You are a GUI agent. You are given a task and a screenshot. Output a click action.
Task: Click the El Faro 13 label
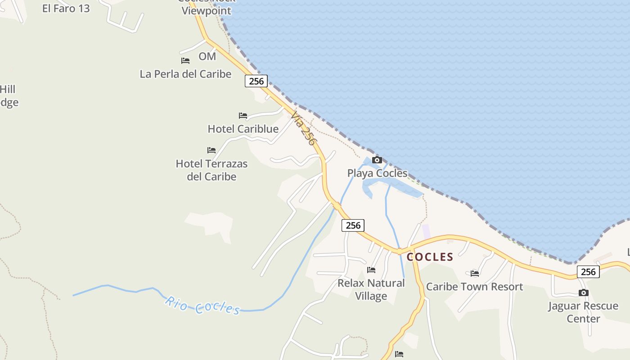(x=66, y=8)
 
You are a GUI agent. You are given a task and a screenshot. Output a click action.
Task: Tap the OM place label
(x=207, y=56)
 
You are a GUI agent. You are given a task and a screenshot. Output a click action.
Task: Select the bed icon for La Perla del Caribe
(x=185, y=60)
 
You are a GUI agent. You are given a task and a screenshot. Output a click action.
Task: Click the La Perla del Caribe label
(x=185, y=74)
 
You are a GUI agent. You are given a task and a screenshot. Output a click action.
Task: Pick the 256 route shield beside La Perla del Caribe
(x=256, y=81)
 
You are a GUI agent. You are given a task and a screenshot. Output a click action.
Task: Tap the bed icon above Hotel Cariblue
(x=243, y=116)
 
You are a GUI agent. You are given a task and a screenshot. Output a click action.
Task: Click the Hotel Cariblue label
(x=243, y=129)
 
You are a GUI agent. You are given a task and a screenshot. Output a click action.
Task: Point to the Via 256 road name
(x=303, y=129)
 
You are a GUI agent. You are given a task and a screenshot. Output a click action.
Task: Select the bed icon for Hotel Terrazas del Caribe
(x=211, y=150)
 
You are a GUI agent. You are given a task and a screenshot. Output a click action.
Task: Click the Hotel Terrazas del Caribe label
(x=211, y=170)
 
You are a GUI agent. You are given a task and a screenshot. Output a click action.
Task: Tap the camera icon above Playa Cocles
(x=377, y=160)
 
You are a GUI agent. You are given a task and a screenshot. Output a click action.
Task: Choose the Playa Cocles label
(x=377, y=173)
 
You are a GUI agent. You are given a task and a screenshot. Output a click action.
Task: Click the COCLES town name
(x=430, y=257)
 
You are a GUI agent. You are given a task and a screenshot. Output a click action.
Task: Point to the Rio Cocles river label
(x=202, y=305)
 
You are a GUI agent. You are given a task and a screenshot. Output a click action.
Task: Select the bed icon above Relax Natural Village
(x=371, y=270)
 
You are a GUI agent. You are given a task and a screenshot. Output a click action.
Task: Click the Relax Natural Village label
(x=371, y=289)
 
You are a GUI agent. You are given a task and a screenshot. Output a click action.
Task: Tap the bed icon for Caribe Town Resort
(x=475, y=273)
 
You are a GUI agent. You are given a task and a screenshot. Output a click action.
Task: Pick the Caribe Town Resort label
(x=475, y=287)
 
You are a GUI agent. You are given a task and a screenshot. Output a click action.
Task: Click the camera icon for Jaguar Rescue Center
(x=584, y=293)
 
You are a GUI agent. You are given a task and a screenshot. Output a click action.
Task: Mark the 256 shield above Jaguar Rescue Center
(x=588, y=272)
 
